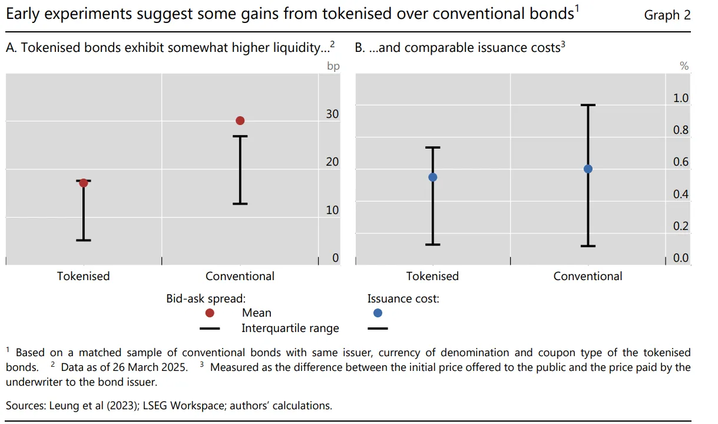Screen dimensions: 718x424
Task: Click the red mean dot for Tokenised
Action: click(84, 183)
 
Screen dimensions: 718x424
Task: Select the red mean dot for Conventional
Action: click(240, 121)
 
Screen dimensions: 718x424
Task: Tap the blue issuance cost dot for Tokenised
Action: click(433, 177)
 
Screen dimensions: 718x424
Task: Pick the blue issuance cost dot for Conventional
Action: click(588, 169)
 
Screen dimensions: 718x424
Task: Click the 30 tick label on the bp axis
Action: click(332, 114)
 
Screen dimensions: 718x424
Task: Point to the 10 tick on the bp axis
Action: click(332, 210)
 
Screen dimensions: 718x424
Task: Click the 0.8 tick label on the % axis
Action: click(680, 130)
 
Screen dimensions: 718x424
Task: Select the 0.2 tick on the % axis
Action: click(680, 226)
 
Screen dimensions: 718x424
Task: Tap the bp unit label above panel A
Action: click(333, 66)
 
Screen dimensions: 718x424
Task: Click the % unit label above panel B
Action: click(684, 66)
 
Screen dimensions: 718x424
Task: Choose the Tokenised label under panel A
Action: click(83, 276)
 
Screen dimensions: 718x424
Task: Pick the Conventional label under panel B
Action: click(588, 276)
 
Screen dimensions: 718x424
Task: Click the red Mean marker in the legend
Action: click(210, 313)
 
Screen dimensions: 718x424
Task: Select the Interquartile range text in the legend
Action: click(290, 328)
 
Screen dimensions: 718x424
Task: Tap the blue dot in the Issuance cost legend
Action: click(378, 313)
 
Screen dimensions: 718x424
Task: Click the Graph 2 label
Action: click(667, 15)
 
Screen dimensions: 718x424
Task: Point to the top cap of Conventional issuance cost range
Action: click(588, 105)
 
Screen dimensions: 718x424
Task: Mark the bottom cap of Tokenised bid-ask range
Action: click(84, 240)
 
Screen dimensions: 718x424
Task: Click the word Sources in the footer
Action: click(26, 406)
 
